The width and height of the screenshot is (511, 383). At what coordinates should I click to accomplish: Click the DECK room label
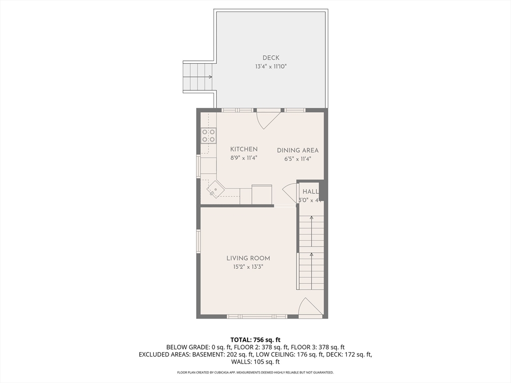pos(271,58)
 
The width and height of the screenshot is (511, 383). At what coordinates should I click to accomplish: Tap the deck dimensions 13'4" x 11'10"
pos(271,66)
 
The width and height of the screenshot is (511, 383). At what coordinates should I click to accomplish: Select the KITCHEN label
pos(244,149)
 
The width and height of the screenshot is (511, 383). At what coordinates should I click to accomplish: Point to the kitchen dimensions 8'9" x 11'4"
pos(244,158)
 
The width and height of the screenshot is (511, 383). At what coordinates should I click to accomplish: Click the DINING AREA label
pos(297,150)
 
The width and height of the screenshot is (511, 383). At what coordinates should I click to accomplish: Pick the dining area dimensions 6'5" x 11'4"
pos(297,159)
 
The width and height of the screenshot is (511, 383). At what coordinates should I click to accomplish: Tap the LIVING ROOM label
pos(248,258)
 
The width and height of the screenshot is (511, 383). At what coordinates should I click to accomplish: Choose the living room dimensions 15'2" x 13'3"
pos(248,267)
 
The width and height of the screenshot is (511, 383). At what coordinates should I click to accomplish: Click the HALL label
pos(310,191)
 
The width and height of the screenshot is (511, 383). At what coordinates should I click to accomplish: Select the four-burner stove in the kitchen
pos(209,136)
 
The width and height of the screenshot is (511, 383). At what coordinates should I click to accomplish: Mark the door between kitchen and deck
pos(268,119)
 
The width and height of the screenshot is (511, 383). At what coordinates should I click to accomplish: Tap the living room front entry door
pos(310,307)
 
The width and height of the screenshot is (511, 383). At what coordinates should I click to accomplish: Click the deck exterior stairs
pos(198,77)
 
